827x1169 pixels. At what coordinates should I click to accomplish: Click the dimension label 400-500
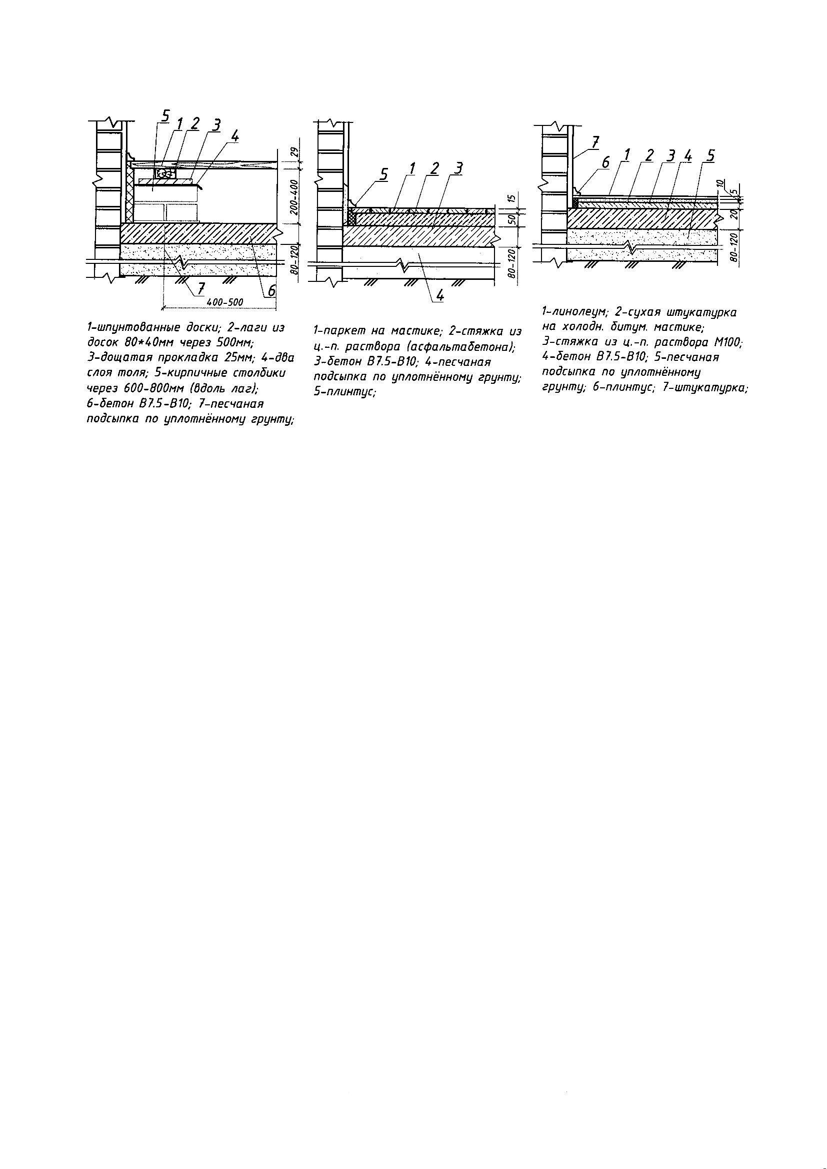pyautogui.click(x=225, y=302)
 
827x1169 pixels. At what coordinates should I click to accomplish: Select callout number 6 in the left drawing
pyautogui.click(x=271, y=290)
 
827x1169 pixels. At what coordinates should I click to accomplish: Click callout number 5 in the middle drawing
pyautogui.click(x=382, y=174)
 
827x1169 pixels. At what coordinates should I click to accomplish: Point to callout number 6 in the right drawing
pyautogui.click(x=605, y=163)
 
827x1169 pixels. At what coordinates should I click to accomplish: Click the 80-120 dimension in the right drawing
pyautogui.click(x=734, y=247)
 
